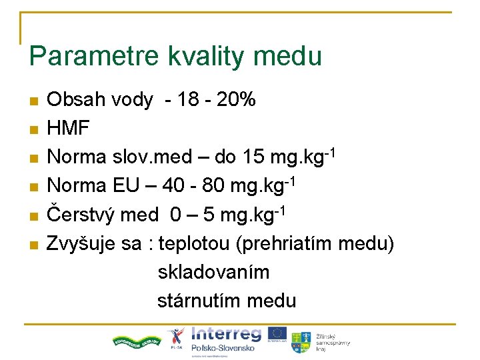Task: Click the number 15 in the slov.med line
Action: (255, 158)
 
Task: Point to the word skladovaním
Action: (213, 273)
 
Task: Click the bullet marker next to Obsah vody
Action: (33, 101)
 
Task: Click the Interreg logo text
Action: (226, 333)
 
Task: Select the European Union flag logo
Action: (278, 333)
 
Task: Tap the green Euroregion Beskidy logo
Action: (137, 341)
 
